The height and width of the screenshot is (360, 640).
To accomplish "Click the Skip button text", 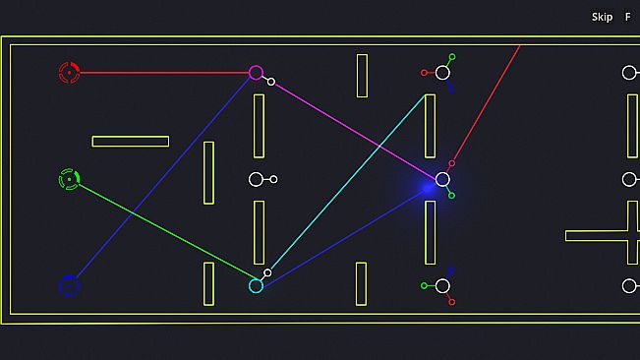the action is pos(602,17).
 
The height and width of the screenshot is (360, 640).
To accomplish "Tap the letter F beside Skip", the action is pos(628,17).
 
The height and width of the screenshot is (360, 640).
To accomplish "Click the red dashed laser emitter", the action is pos(70,73).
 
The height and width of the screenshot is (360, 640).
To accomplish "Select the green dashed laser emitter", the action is pos(70,179).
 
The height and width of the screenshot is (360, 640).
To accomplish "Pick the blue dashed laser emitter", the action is pos(70,285).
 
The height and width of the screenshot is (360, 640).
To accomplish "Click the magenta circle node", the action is pos(256,67).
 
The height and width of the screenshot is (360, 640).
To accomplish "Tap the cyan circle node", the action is pos(256,279).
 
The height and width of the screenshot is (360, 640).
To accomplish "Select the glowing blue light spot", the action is pos(428,188).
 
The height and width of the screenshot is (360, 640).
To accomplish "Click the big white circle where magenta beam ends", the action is pos(442,173).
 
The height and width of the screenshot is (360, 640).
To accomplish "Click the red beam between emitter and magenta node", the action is pos(164,73).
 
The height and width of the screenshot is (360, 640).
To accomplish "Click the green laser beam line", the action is pos(168,231).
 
